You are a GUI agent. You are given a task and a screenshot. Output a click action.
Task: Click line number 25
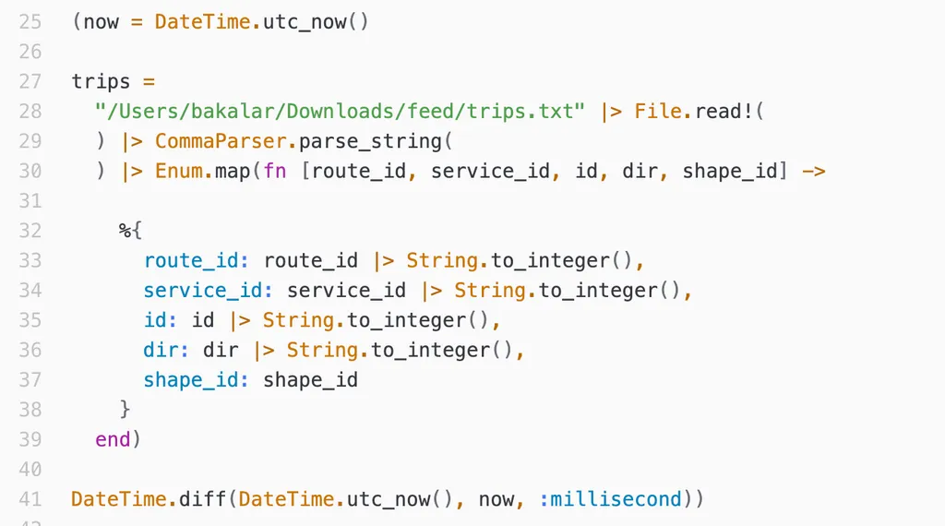(x=30, y=21)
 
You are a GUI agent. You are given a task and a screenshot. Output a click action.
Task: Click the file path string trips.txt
(x=340, y=112)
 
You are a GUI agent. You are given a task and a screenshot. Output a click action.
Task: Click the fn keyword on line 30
(x=274, y=171)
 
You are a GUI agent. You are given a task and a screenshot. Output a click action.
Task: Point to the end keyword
(x=113, y=439)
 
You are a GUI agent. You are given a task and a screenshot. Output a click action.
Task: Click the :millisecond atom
(x=610, y=499)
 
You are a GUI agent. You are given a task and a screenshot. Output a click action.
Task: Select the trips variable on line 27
(x=102, y=81)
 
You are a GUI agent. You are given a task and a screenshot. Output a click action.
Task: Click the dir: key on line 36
(x=167, y=350)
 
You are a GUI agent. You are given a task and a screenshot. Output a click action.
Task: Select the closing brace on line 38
(x=125, y=409)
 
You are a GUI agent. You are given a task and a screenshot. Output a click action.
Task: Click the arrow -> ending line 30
(x=814, y=171)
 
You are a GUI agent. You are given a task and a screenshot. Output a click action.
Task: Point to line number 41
(x=30, y=499)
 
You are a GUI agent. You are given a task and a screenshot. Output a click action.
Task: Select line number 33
(x=30, y=260)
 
